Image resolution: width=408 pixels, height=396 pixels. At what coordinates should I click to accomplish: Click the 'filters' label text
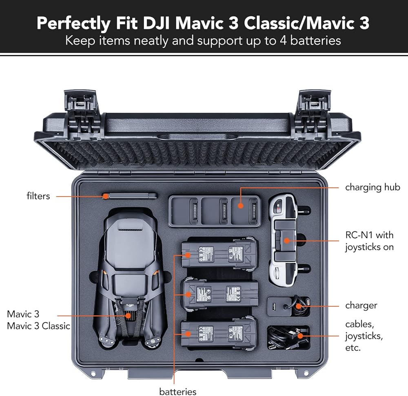coord(38,196)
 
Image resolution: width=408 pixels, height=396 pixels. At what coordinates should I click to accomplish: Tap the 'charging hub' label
coord(373,188)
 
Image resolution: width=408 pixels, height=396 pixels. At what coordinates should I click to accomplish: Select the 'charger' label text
coord(361,306)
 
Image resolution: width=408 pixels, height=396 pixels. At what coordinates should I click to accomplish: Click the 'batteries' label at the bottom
coord(178,392)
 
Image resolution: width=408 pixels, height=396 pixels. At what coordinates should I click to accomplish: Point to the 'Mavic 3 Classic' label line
coord(38,326)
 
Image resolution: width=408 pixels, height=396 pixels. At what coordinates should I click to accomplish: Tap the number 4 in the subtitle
coord(283,41)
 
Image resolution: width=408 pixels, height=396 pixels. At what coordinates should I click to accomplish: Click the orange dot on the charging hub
coord(241,206)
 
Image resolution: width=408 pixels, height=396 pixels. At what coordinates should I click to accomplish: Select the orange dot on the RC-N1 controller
coord(286,241)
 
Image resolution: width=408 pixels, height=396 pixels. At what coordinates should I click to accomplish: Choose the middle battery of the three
coord(221,293)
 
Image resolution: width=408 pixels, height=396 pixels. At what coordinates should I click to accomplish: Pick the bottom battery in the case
coord(220,334)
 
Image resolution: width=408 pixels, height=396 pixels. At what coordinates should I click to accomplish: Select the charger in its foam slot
coord(288,307)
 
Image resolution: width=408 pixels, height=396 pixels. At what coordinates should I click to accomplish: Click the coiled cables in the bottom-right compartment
coord(288,338)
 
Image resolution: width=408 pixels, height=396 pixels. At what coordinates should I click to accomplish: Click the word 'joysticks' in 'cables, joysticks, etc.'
coord(364,336)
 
